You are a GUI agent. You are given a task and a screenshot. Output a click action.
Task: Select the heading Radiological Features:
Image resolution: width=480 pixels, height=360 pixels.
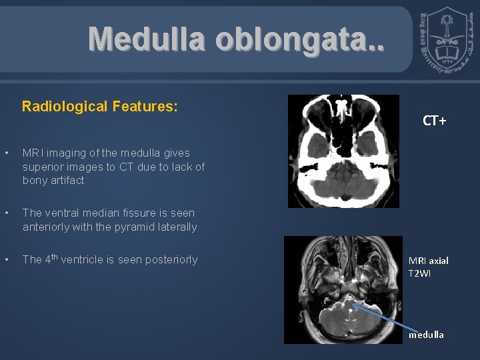pyautogui.click(x=100, y=106)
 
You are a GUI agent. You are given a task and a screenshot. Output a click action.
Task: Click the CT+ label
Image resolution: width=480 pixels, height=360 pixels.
pyautogui.click(x=434, y=121)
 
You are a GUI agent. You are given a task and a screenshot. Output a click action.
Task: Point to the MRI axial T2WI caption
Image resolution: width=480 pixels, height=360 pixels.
pyautogui.click(x=429, y=267)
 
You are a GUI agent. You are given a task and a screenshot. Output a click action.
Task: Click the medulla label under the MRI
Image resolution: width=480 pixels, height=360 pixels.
pyautogui.click(x=426, y=335)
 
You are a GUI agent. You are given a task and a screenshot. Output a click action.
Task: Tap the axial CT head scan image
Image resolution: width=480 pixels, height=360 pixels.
pyautogui.click(x=343, y=151)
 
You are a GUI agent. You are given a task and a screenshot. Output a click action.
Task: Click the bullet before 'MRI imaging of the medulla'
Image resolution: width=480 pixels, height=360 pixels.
pyautogui.click(x=7, y=153)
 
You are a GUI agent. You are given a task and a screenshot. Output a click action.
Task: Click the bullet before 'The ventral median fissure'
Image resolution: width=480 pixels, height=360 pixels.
pyautogui.click(x=7, y=213)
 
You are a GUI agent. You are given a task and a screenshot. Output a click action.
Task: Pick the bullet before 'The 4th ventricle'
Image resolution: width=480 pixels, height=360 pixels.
pyautogui.click(x=7, y=259)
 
